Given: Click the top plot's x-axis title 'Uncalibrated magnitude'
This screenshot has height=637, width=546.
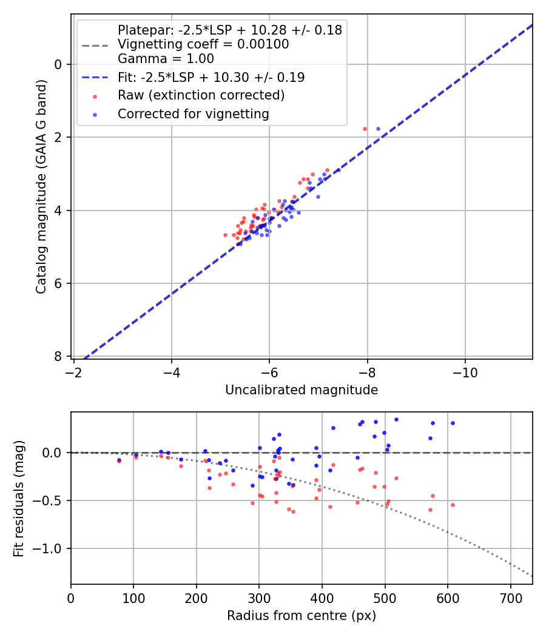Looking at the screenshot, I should [x=302, y=390].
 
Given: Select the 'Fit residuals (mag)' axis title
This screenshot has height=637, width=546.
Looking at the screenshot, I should [x=19, y=498].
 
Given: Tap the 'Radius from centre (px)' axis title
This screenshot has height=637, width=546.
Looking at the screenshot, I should [x=302, y=616].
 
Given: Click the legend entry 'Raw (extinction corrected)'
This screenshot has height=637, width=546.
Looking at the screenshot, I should [x=201, y=95].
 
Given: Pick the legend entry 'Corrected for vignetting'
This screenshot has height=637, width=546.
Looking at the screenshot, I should [x=194, y=113].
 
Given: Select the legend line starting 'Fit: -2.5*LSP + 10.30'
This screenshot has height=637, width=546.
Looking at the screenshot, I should [x=211, y=78].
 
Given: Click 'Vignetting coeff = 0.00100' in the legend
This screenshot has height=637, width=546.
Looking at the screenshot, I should [x=203, y=44].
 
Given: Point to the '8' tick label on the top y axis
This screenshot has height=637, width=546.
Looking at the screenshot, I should [x=59, y=356].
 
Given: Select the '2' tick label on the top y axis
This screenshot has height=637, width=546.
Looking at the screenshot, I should [x=59, y=137].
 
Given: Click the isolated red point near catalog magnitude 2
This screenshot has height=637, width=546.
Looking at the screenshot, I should [x=365, y=129].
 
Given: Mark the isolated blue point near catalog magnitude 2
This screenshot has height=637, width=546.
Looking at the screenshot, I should [x=378, y=129].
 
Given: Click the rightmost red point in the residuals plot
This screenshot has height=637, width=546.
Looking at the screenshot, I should [x=452, y=505].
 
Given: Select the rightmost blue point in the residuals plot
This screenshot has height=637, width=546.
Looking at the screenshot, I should [x=452, y=423].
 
